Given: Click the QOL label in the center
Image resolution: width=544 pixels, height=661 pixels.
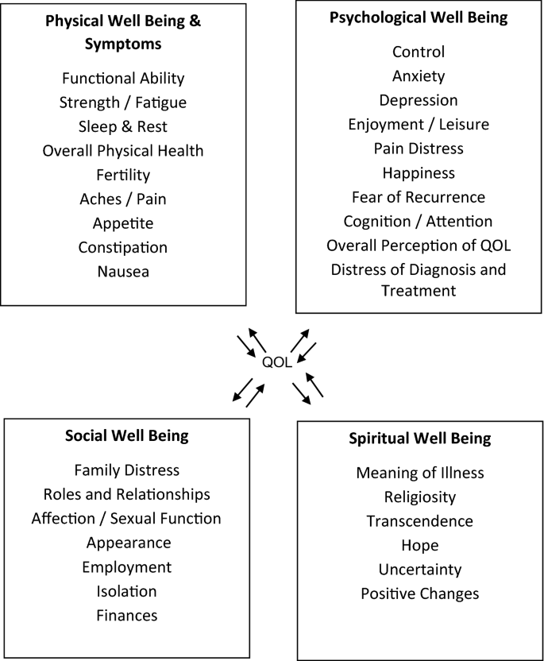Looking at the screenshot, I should coord(277,362).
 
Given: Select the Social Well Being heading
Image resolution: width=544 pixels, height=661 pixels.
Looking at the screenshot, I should coord(127,435).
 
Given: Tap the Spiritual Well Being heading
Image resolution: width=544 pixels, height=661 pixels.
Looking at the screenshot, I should coord(420,438).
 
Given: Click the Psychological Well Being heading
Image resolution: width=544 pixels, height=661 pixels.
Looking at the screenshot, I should coord(419,17).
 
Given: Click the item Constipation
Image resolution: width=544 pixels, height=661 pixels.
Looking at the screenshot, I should coord(122,247).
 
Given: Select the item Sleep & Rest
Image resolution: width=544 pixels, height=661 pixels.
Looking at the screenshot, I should coord(122,126).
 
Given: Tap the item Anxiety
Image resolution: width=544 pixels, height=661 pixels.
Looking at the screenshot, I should coord(419,76).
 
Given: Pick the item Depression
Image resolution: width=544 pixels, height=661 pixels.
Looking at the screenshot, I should coord(419,100).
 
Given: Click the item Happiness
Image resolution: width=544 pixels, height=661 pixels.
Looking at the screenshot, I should coord(419,172).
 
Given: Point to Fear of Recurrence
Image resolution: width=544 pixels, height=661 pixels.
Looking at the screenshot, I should coord(419,196).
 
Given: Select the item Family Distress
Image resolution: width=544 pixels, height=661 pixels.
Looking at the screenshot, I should coord(126,470).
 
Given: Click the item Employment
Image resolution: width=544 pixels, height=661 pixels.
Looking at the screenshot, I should coord(126,566).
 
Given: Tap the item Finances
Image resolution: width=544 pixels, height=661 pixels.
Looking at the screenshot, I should coord(126,615).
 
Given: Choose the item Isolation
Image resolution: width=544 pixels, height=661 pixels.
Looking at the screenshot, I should coord(126,590).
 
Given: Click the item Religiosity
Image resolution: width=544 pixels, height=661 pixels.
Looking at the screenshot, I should coord(419,497).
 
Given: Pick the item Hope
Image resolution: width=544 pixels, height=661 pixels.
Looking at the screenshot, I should coord(419,545).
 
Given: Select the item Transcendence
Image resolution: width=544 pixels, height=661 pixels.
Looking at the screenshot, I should coord(419,521).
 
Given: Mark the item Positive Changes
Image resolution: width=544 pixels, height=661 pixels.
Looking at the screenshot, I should coord(419,593).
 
